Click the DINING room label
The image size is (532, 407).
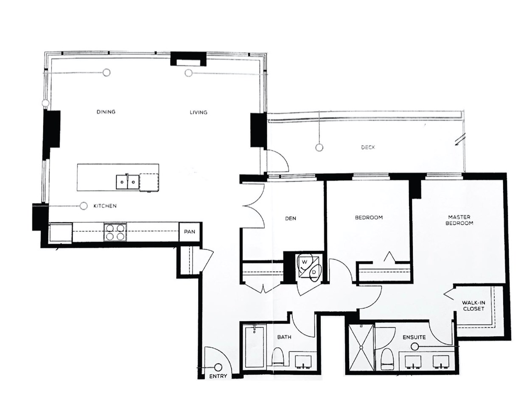106,112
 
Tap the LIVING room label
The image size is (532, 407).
198,112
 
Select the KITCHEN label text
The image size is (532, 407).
105,206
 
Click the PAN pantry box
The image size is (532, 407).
190,231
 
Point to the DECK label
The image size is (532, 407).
368,147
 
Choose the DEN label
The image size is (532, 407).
291,218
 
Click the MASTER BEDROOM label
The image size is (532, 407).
459,220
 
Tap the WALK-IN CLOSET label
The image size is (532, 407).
473,306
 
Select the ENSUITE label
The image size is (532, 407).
414,337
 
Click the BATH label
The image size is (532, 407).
284,337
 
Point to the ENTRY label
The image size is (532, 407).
218,376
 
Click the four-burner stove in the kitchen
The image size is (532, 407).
115,231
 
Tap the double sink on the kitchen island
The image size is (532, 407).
127,182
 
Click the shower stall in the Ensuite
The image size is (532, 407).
361,347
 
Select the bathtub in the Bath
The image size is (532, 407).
254,347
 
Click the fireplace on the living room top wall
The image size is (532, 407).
188,59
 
